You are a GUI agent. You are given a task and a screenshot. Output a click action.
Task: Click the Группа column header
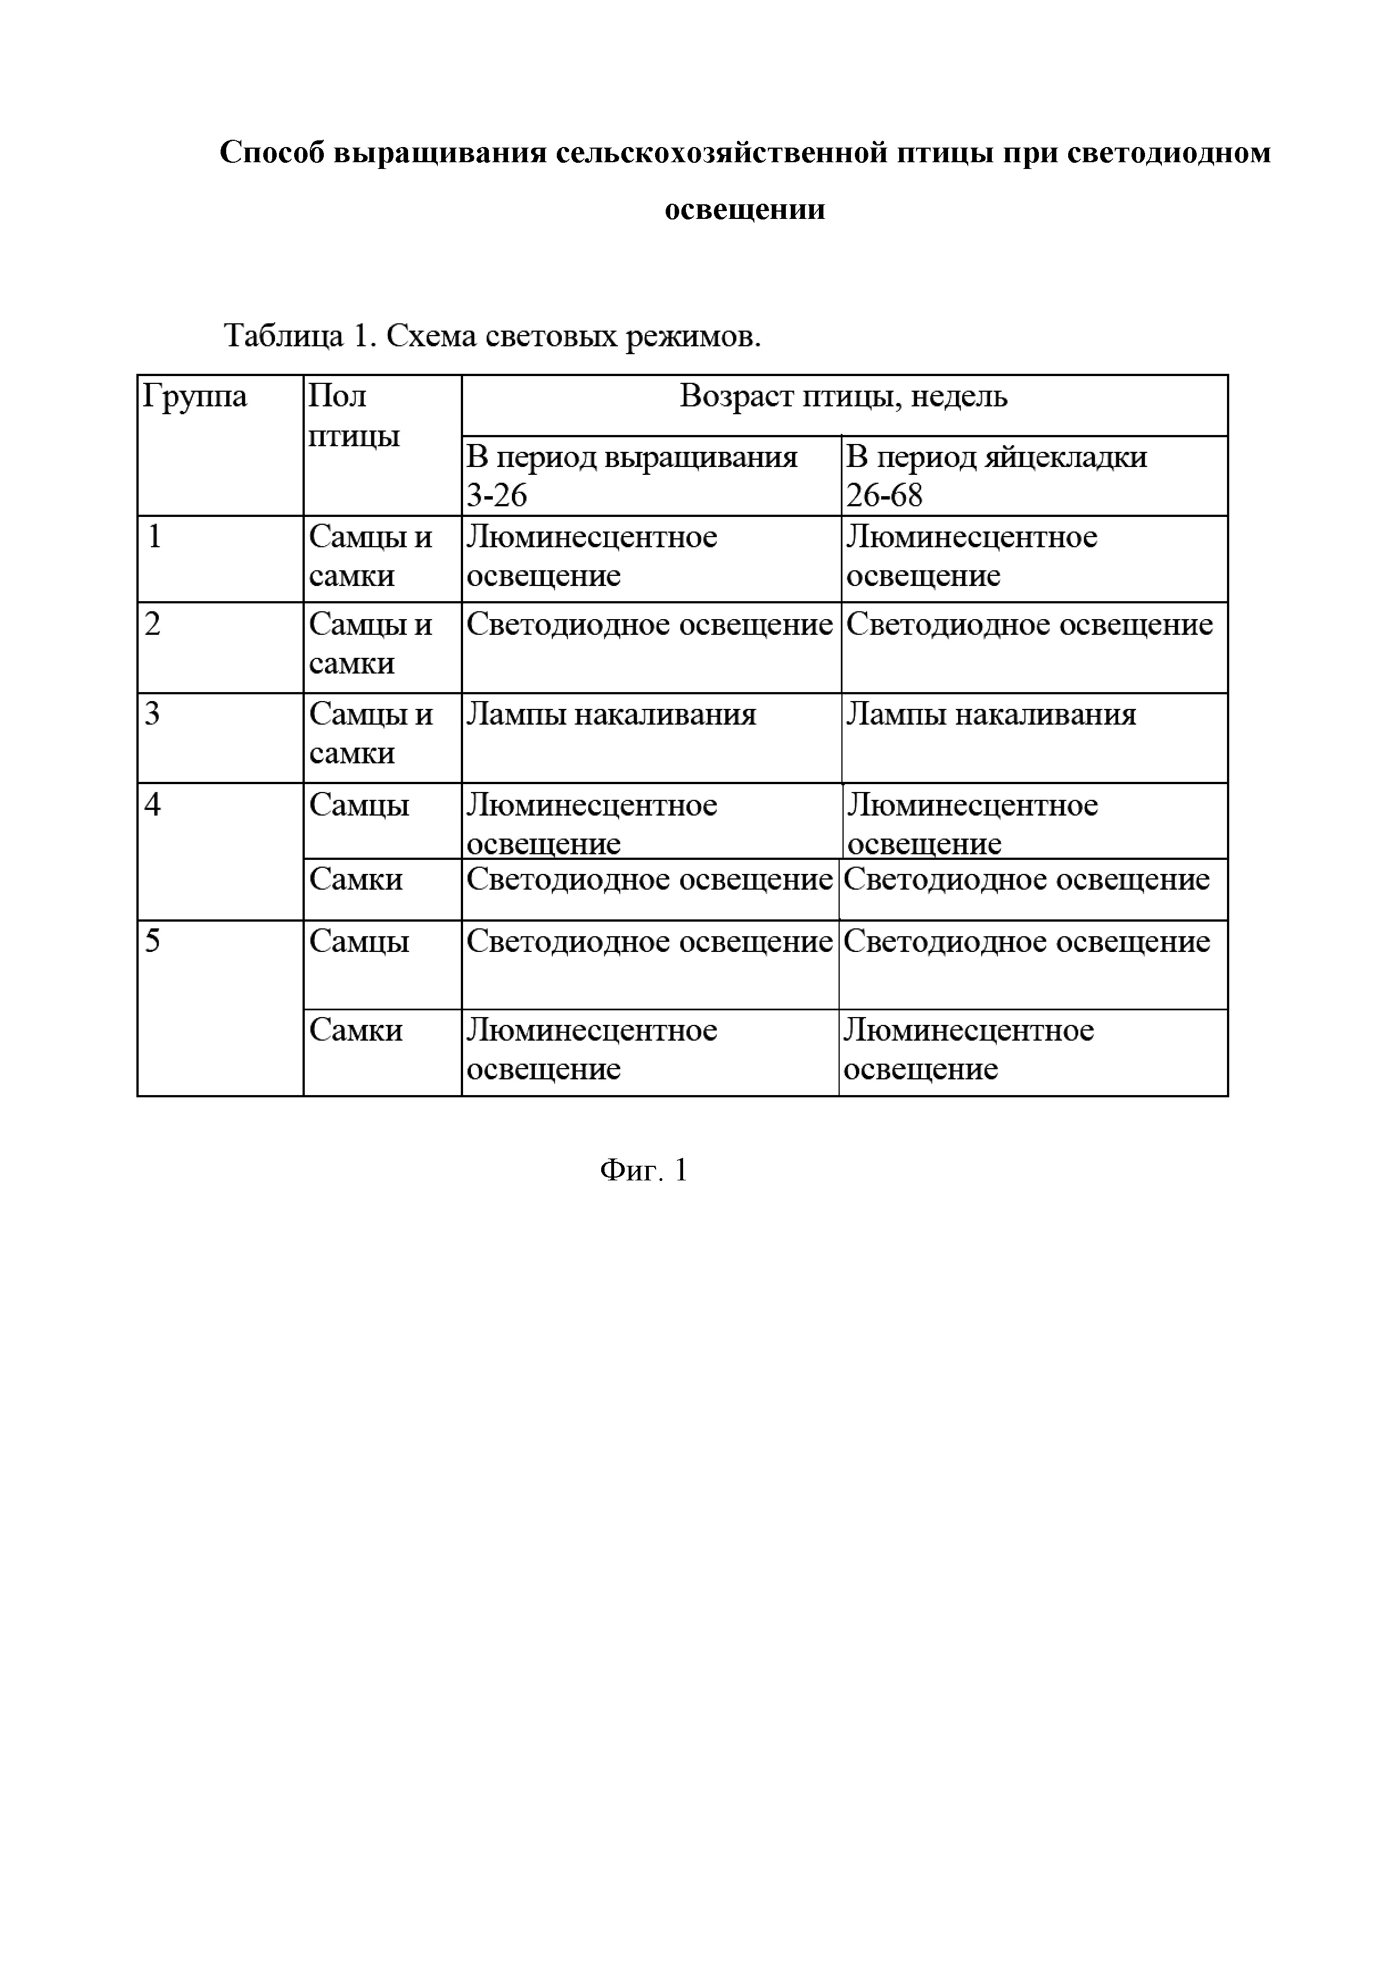[x=195, y=397]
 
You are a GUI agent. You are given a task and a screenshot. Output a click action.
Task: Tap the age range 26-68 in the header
[x=883, y=496]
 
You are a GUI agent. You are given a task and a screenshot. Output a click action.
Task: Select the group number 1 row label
[x=154, y=537]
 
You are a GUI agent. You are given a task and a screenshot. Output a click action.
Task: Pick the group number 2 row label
[x=153, y=624]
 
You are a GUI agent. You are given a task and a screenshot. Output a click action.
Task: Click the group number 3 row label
[x=153, y=715]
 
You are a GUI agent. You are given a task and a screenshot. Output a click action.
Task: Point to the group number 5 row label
[x=153, y=942]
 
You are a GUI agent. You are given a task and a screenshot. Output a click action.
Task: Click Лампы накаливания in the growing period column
[x=611, y=715]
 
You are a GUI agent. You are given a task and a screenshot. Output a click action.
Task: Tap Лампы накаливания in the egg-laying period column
[x=991, y=715]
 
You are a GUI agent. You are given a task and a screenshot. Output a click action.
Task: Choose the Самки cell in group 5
[x=355, y=1030]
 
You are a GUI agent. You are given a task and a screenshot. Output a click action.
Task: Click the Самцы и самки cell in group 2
[x=370, y=643]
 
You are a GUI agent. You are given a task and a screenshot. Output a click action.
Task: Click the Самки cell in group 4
[x=355, y=879]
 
